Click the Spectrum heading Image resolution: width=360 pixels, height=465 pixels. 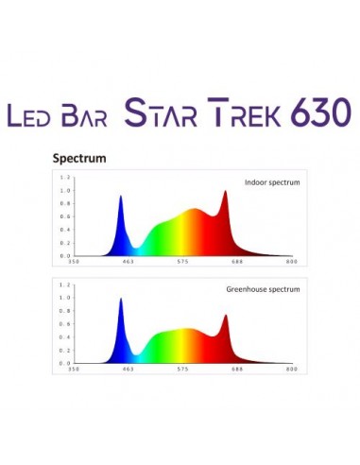[78, 159]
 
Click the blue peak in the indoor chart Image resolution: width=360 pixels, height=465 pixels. [121, 198]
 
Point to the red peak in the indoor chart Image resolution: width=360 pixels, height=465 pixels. [225, 194]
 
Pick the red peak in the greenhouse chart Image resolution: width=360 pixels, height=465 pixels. [225, 318]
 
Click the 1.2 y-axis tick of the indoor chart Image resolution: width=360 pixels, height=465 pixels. [65, 177]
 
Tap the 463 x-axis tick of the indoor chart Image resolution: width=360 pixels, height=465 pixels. [128, 261]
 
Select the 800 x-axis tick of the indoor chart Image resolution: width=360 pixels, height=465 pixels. [292, 261]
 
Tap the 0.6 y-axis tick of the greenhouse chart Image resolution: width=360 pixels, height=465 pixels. [65, 323]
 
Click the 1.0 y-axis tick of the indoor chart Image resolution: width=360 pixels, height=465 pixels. [65, 190]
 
